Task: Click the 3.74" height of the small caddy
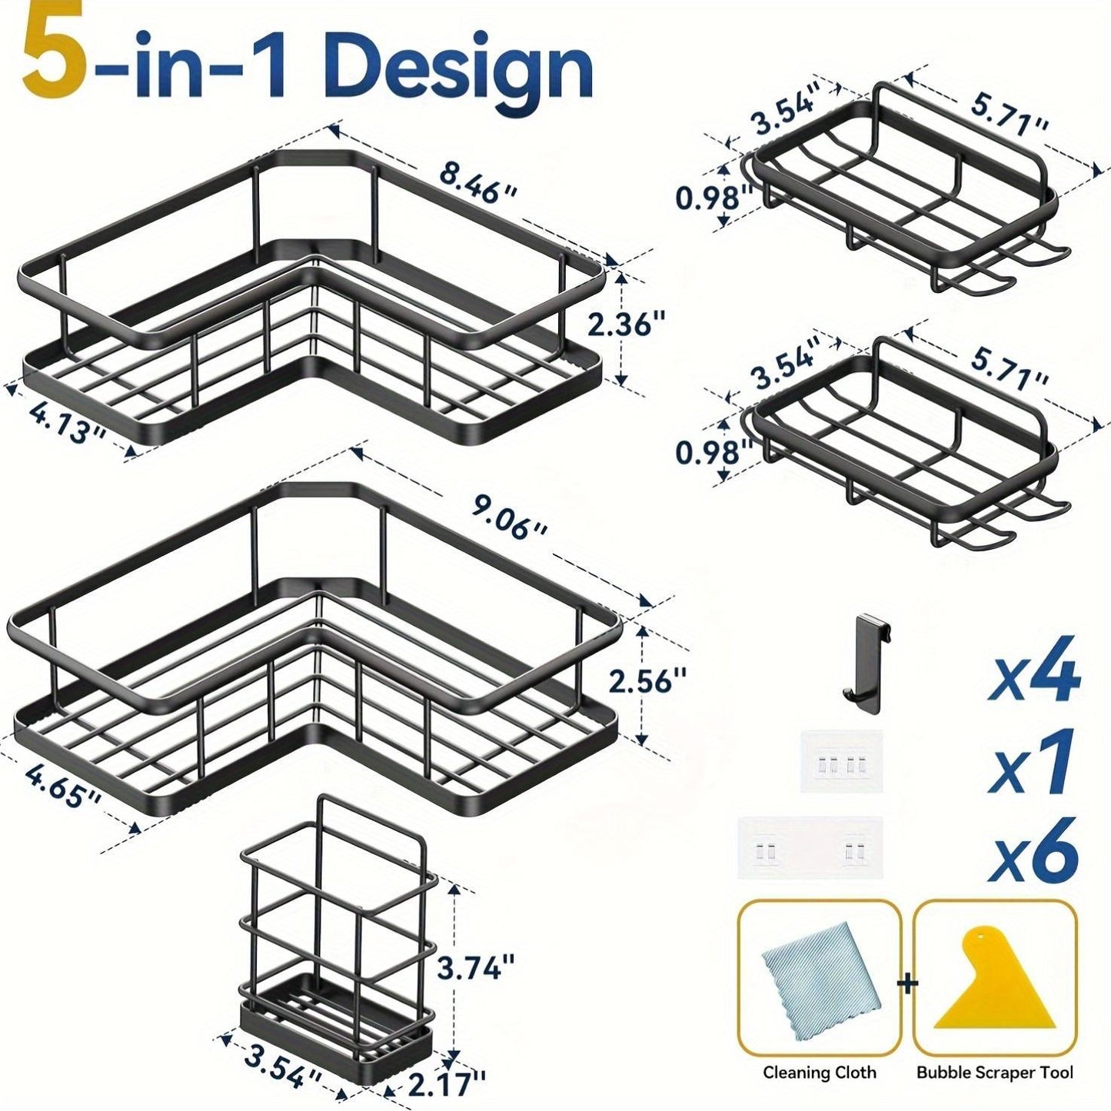(x=476, y=966)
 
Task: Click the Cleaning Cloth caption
(x=819, y=1073)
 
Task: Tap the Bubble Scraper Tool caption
(x=994, y=1073)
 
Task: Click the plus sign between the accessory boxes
(x=907, y=983)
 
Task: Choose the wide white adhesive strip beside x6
(x=810, y=849)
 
